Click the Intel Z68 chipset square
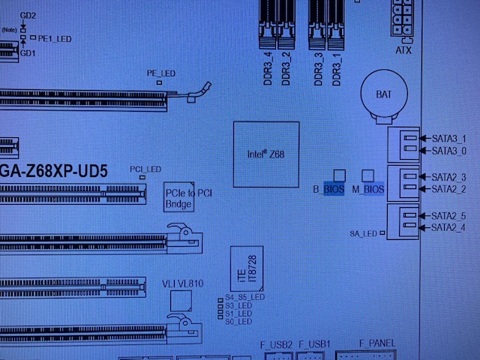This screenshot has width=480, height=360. [x=267, y=154]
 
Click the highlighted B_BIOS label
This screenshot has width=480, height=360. [x=328, y=190]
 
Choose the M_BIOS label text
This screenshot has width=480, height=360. [x=368, y=190]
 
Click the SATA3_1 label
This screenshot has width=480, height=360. [x=449, y=139]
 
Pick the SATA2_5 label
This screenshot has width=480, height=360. [x=449, y=216]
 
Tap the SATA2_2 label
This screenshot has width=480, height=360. [x=449, y=188]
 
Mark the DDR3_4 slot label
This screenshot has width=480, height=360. [x=268, y=68]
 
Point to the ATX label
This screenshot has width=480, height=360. [x=403, y=49]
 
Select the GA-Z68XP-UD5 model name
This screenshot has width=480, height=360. [x=52, y=170]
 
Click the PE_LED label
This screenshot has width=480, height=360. [x=160, y=73]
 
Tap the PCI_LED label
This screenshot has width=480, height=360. [x=145, y=169]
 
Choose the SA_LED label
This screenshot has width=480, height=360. [x=363, y=234]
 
